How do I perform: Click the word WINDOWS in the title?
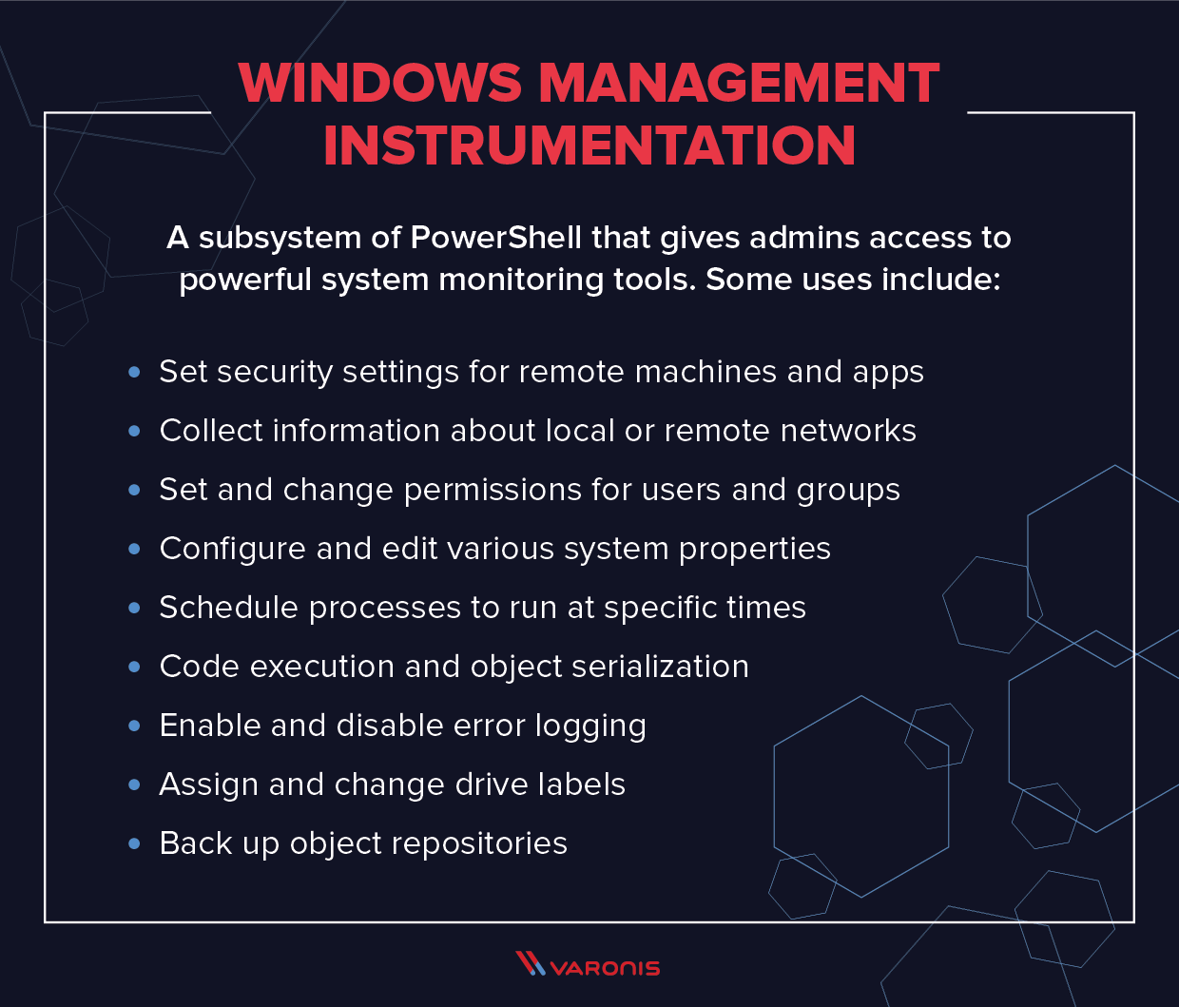tap(380, 84)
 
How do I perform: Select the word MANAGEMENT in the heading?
tap(739, 84)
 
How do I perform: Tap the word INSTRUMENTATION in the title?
tap(589, 145)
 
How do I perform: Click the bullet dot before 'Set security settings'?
tap(134, 373)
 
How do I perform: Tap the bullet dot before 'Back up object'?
tap(134, 844)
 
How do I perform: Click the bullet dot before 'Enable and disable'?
tap(134, 726)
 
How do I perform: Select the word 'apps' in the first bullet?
tap(888, 373)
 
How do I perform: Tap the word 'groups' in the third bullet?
tap(848, 491)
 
